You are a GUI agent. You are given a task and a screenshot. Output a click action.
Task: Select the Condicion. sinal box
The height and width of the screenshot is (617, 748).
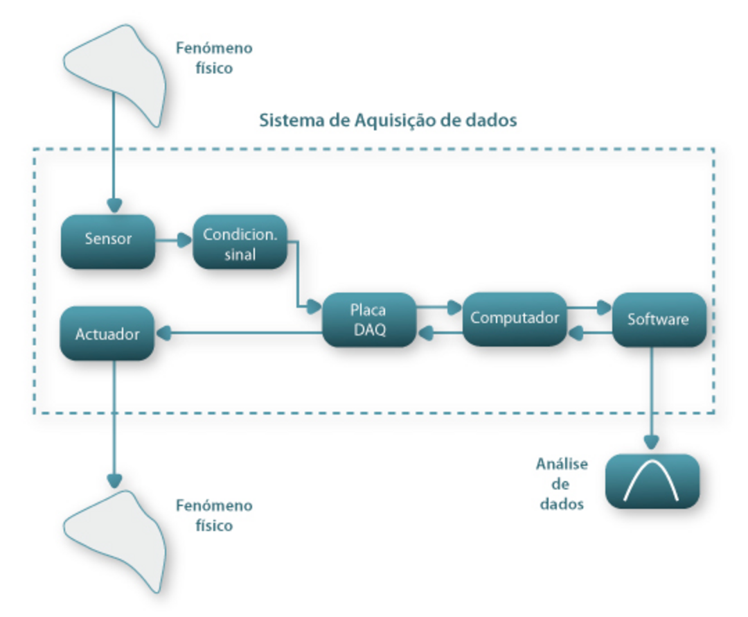click(x=240, y=243)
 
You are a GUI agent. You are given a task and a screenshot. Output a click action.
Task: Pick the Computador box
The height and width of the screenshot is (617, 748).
click(x=514, y=319)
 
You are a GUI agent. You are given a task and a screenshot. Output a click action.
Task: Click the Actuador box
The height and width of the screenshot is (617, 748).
click(x=107, y=334)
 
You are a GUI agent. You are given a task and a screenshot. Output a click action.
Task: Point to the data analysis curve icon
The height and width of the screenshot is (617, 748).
click(x=652, y=481)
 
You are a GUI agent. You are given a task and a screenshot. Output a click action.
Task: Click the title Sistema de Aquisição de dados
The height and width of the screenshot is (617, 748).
click(x=388, y=120)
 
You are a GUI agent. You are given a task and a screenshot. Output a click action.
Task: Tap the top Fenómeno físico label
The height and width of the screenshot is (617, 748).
click(x=214, y=58)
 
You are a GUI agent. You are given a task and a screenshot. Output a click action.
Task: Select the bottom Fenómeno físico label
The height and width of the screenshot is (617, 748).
click(x=214, y=515)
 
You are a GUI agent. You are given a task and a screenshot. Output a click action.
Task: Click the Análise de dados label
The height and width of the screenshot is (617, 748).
click(x=561, y=484)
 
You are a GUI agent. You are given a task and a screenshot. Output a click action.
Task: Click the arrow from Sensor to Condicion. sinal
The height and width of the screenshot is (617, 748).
click(x=173, y=241)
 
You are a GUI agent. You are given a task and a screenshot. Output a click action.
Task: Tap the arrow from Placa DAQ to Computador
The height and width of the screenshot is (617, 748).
click(x=439, y=306)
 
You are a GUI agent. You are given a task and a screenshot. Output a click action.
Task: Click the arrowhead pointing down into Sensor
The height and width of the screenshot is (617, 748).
click(x=114, y=206)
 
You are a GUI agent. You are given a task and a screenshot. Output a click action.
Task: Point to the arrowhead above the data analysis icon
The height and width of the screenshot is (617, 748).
click(x=652, y=442)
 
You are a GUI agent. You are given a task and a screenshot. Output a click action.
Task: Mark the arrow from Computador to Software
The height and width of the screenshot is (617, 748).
click(x=589, y=306)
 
